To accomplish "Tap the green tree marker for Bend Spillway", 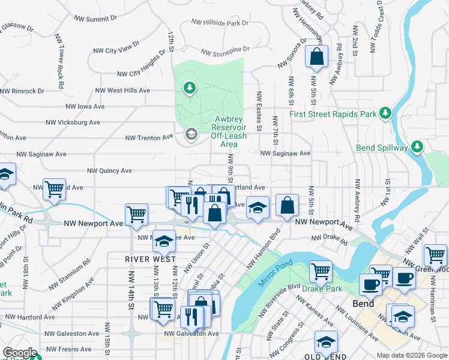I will pos(418,147).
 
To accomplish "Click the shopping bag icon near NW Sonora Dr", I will pos(316,58).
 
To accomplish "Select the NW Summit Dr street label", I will pos(95,19).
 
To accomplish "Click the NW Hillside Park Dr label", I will pos(220,23).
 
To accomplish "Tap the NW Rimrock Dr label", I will pos(22,91).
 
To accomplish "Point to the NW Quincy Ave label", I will pos(109,170).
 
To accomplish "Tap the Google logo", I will pos(20,353).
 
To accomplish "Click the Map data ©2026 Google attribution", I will pos(412,355).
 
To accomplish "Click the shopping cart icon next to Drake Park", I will pos(321,271).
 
